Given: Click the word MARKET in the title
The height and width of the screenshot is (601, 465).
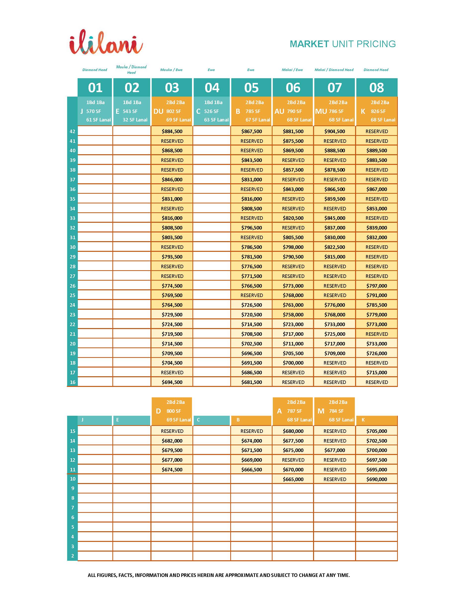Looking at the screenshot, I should (309, 44).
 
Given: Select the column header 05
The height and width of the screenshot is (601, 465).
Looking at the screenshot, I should (251, 88).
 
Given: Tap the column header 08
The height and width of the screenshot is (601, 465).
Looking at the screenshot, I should (376, 88).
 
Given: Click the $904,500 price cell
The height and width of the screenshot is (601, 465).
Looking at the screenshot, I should (334, 131).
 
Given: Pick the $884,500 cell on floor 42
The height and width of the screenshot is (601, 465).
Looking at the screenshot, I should (172, 131).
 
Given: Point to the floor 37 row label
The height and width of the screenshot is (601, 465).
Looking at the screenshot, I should (72, 179).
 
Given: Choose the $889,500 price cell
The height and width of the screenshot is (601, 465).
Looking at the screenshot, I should (376, 150).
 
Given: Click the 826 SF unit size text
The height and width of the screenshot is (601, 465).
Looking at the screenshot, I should (378, 111).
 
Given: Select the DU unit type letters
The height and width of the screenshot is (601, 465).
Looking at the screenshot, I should (158, 111).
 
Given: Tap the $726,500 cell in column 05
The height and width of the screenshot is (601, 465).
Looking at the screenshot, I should (251, 305).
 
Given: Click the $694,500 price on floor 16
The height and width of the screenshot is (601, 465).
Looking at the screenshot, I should (172, 382).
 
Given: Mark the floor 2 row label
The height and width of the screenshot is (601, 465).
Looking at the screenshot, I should (73, 556).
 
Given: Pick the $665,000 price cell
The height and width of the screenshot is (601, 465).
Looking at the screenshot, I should (293, 479).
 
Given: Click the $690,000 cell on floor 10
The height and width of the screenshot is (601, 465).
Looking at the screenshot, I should (376, 479).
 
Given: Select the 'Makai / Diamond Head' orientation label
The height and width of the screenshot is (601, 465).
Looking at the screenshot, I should (334, 70).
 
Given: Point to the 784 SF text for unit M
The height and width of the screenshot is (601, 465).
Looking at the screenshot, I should (336, 411).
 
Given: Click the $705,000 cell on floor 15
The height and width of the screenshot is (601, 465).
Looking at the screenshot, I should (376, 431).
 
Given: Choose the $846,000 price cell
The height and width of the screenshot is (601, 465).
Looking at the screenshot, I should (172, 179).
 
